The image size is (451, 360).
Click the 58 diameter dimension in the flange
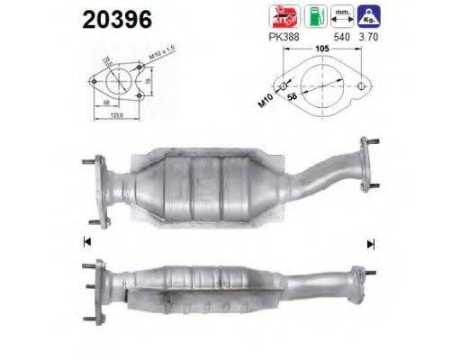coord(293,98)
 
